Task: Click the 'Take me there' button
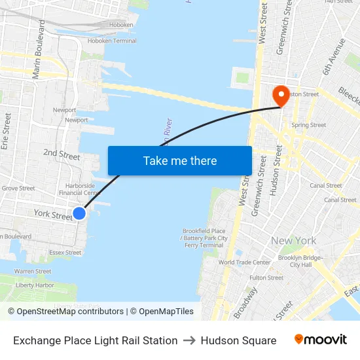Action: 180,160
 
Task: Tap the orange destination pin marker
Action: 281,96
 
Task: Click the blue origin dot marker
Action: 79,213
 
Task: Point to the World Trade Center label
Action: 244,262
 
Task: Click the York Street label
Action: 52,215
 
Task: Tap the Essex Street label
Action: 65,253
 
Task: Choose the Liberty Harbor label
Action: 35,285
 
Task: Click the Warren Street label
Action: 33,271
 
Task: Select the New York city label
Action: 294,241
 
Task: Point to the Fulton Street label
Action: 266,278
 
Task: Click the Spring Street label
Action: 308,125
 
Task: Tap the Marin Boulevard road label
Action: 39,49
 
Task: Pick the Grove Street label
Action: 18,189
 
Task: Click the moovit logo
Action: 320,340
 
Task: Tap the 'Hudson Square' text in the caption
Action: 238,340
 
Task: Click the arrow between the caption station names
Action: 189,340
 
